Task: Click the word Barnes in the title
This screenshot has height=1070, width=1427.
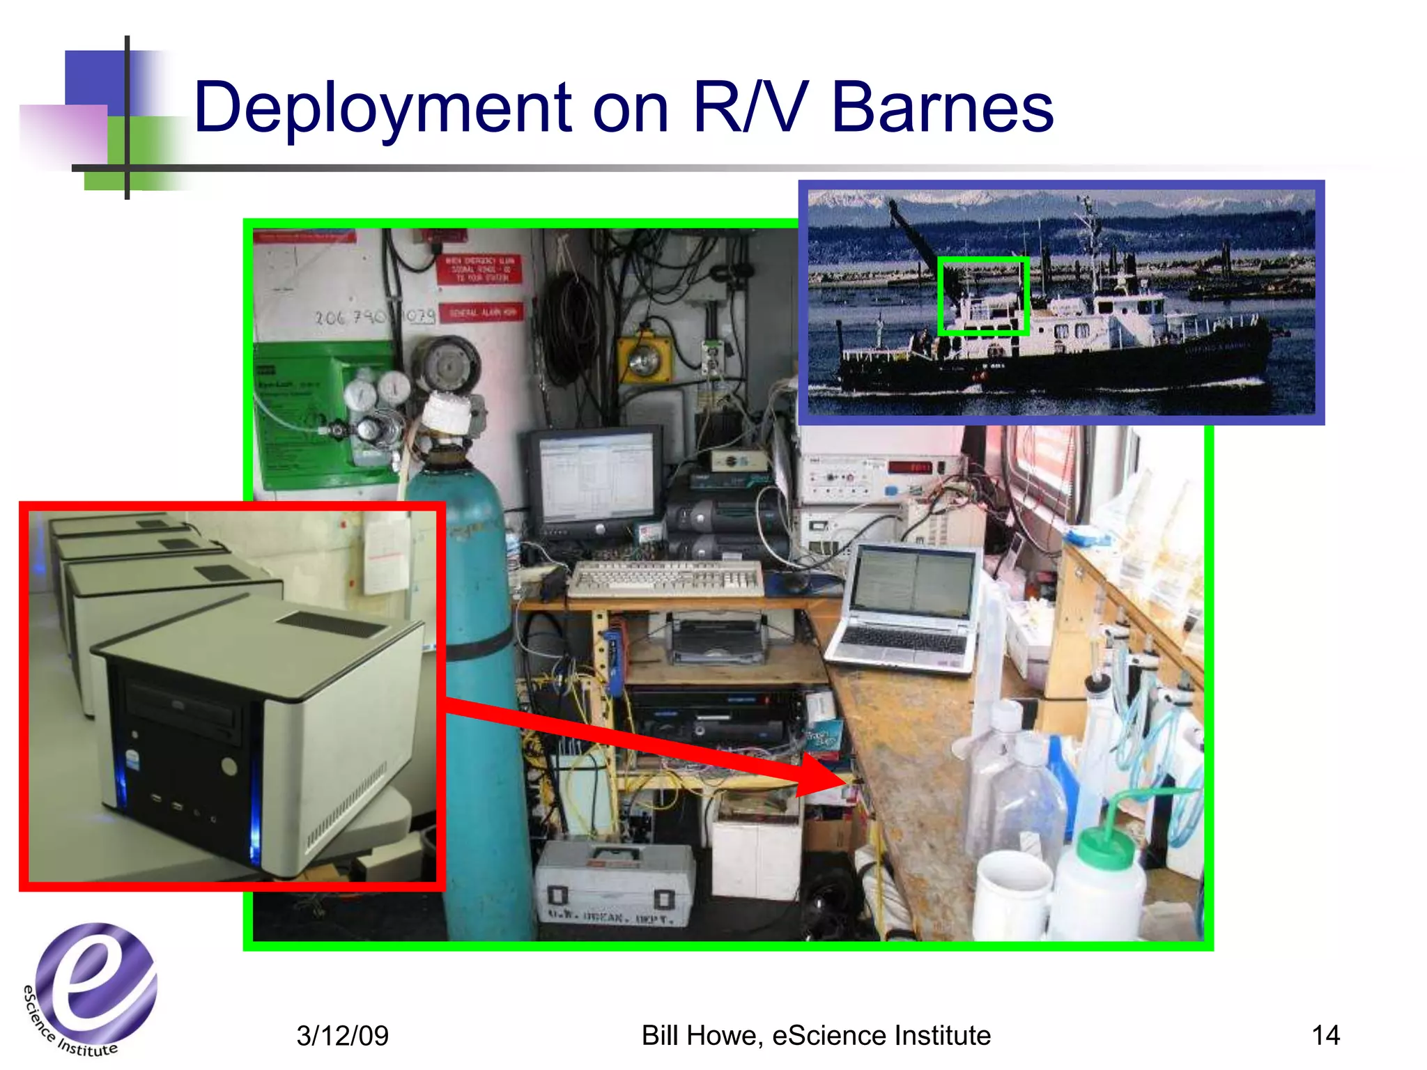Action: click(942, 108)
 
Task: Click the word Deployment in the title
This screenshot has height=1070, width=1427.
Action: click(382, 108)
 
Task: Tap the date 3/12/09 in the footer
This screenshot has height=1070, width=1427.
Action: click(342, 1035)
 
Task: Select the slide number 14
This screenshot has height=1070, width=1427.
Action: click(1325, 1035)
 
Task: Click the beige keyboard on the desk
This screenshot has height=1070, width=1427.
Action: click(665, 578)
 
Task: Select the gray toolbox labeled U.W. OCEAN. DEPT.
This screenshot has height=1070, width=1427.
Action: click(613, 885)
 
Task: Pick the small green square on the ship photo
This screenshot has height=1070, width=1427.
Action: click(983, 296)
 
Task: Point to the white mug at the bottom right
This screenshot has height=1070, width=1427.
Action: click(1010, 895)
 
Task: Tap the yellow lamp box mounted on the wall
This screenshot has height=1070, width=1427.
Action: click(644, 359)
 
